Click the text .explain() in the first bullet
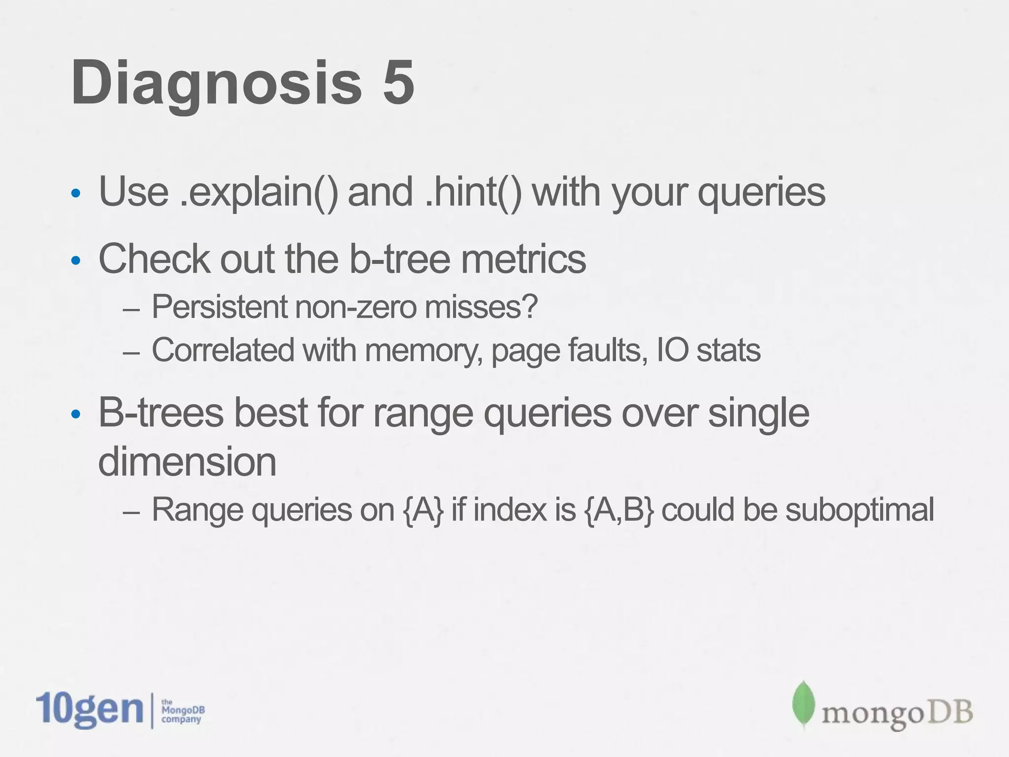(259, 192)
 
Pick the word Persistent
(220, 307)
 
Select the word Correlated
(223, 350)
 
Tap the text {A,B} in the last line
(619, 510)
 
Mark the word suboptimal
(859, 511)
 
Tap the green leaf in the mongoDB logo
(803, 705)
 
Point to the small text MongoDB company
(182, 711)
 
